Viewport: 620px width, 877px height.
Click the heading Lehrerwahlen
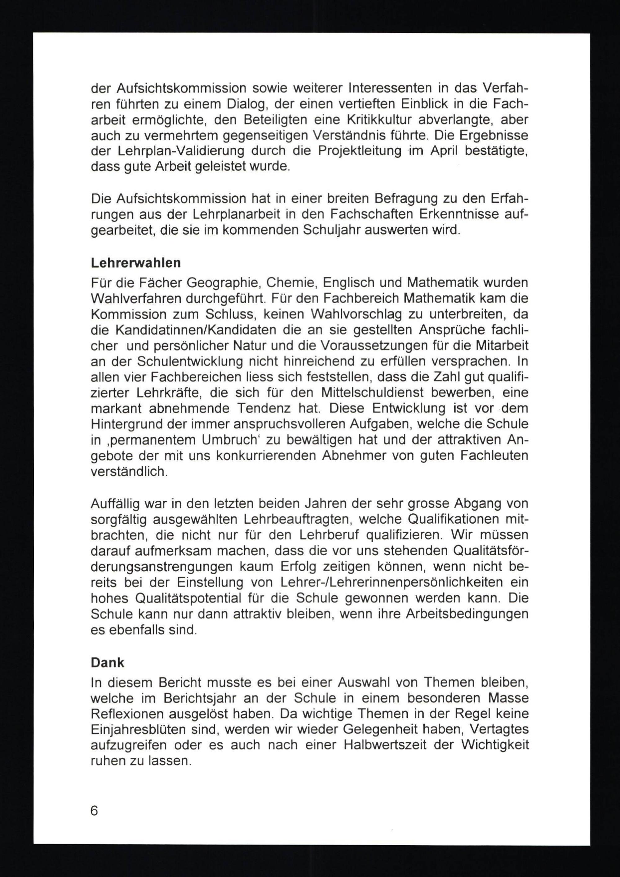(135, 263)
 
